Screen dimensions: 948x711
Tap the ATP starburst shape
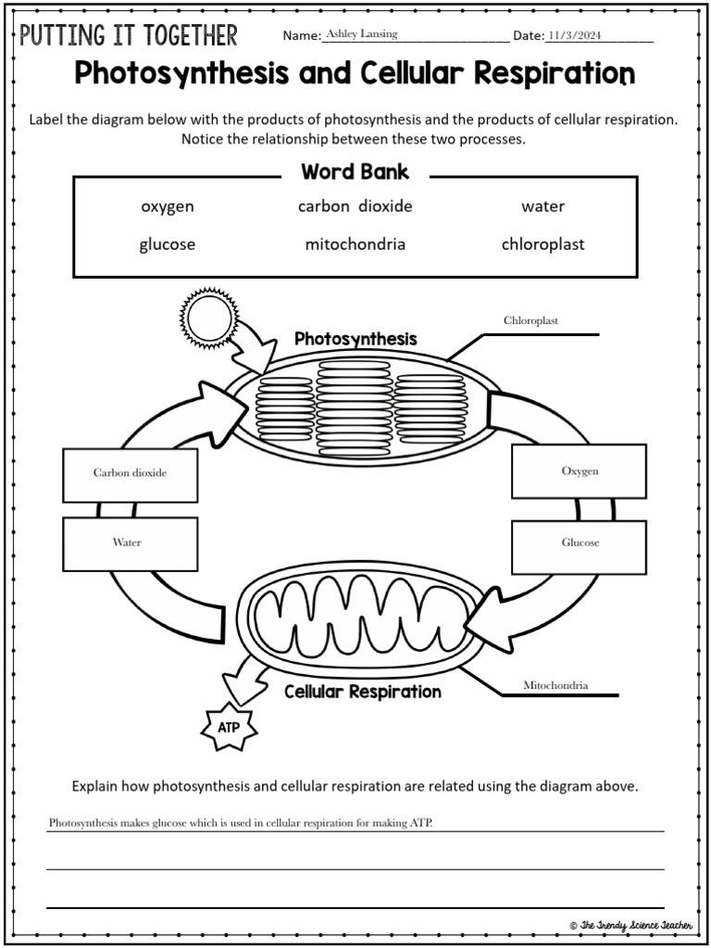228,728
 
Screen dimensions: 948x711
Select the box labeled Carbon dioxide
130,473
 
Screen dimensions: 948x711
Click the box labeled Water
130,543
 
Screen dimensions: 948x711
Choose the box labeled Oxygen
580,471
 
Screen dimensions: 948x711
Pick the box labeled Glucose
580,543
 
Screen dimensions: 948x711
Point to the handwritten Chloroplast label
530,321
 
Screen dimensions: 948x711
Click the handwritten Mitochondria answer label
555,686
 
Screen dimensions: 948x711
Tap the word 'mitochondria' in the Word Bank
355,245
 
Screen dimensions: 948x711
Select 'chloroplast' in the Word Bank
543,245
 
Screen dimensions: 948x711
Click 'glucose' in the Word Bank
167,245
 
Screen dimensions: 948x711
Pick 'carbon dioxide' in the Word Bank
355,206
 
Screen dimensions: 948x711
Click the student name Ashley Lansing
362,34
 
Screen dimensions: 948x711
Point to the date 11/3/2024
575,35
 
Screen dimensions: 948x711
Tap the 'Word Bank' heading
355,172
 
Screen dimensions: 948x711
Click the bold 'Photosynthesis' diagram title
355,339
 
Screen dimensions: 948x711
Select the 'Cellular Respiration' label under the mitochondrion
362,692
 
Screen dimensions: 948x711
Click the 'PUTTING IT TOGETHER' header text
129,36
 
